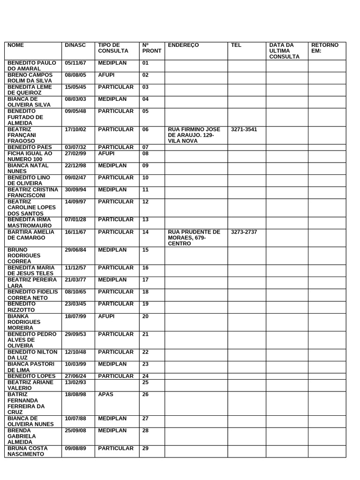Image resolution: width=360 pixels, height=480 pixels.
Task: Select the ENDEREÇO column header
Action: tap(183, 45)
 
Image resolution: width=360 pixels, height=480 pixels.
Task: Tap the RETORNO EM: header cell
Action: tap(325, 48)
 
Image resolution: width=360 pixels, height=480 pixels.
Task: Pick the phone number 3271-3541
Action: tap(244, 129)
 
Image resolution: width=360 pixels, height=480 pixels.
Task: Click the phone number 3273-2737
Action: tap(244, 232)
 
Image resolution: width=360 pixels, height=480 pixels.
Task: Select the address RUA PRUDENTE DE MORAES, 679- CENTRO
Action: tap(194, 238)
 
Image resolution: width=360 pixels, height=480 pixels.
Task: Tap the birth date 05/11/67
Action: tap(75, 62)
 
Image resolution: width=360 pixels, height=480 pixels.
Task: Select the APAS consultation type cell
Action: tap(105, 394)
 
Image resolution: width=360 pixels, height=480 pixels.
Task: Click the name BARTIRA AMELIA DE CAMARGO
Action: tap(31, 235)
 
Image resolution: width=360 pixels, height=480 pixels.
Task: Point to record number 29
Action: tap(145, 449)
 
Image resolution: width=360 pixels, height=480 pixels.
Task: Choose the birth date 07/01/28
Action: tap(75, 219)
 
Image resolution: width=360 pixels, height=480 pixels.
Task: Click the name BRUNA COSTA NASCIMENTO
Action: tap(31, 451)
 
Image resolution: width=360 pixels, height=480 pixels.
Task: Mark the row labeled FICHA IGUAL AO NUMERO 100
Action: tap(30, 156)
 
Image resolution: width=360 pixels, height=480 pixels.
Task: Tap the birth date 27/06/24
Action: tap(75, 376)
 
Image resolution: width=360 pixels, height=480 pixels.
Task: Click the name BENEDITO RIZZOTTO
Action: tap(24, 307)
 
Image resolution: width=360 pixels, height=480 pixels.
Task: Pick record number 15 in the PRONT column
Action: tap(145, 249)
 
